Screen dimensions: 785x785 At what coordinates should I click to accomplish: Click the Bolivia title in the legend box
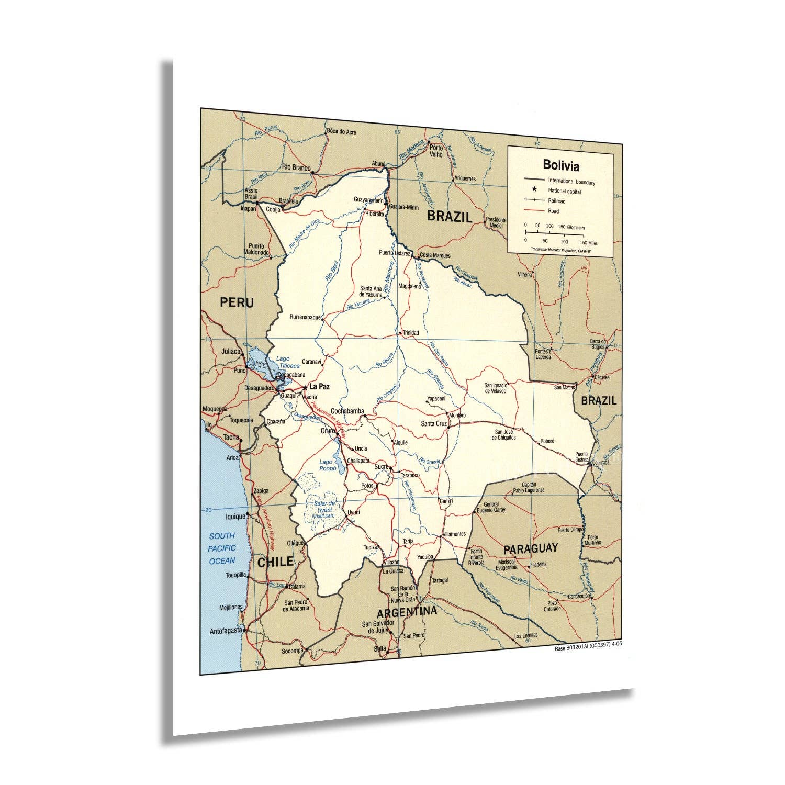560,166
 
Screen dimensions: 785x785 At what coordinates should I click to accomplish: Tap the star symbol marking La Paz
305,387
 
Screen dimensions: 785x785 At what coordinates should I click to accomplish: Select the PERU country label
237,302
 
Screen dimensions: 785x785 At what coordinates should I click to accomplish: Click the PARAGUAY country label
530,549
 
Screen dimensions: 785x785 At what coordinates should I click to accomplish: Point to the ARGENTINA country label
407,612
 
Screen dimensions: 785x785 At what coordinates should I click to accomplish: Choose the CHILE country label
275,562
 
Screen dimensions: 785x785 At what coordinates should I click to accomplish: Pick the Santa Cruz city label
434,423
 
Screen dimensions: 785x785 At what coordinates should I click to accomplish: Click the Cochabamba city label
347,411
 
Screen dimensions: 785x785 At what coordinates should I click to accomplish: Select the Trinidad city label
410,332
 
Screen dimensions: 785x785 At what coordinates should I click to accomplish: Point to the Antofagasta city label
226,630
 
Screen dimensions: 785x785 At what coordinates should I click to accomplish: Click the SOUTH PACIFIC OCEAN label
222,548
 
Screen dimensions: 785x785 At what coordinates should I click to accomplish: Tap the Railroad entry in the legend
557,201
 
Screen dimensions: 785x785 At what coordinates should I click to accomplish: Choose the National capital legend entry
564,191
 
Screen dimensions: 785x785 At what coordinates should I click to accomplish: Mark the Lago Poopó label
327,465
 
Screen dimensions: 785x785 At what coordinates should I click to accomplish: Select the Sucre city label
381,466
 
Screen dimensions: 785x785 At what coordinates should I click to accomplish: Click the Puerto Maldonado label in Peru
256,249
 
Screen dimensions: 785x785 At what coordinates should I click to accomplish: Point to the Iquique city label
235,517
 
